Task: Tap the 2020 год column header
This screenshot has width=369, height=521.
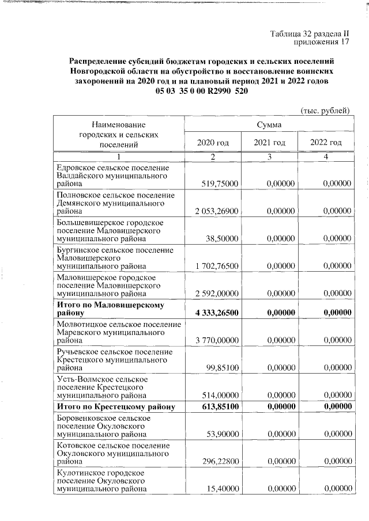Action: coord(213,142)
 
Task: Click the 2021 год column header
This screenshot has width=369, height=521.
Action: coord(269,142)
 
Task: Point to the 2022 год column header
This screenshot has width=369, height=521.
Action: coord(326,142)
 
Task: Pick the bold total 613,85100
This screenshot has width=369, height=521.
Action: coord(217,407)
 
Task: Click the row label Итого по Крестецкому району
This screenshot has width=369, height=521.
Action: coord(115,407)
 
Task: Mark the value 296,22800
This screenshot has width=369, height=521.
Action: coord(218,461)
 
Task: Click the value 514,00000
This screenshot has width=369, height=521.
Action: coord(218,395)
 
